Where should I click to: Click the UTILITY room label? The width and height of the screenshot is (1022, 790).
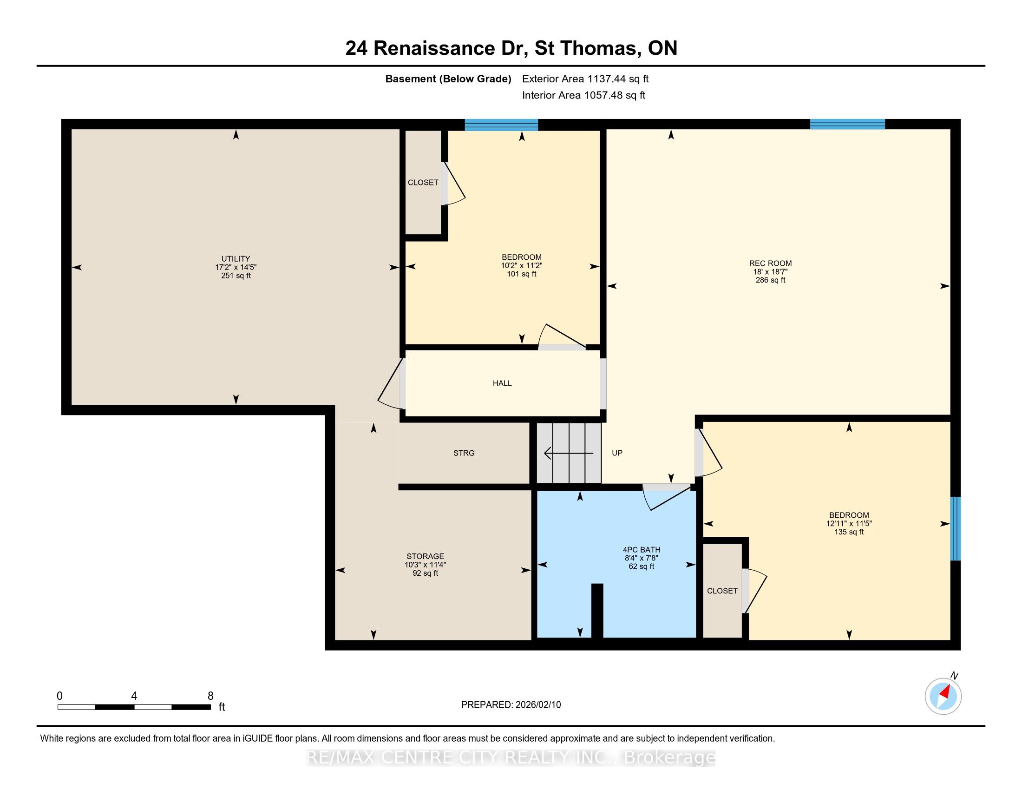point(236,258)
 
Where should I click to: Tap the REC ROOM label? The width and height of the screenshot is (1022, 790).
point(770,263)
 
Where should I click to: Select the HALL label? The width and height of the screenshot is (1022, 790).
point(502,383)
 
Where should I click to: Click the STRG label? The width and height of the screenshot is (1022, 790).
point(464,453)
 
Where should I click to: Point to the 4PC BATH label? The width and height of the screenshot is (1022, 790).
point(642,549)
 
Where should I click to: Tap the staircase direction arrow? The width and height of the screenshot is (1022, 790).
point(569,453)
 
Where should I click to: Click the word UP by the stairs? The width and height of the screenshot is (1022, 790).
point(617,453)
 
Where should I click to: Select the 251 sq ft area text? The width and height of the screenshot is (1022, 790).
point(236,276)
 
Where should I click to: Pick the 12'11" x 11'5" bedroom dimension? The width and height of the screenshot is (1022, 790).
point(849,524)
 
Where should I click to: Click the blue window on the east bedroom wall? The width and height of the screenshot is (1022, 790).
point(956,528)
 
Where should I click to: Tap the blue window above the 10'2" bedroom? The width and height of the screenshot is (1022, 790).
point(501,125)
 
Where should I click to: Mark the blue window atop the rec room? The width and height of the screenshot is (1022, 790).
point(847,124)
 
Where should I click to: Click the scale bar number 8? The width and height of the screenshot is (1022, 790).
point(210,696)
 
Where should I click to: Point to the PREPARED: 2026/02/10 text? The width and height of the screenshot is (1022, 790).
point(511,705)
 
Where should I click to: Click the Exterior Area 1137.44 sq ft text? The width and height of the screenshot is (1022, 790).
point(585,79)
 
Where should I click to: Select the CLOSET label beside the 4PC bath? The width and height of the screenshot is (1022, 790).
point(722,591)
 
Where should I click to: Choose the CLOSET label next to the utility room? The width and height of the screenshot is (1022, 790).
point(423,183)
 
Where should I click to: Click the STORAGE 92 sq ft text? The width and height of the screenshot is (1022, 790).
point(426,565)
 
